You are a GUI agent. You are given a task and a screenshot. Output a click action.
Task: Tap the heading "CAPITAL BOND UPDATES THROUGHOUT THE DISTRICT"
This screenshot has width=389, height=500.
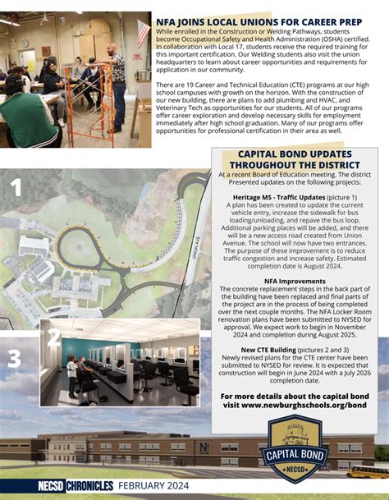click(294, 159)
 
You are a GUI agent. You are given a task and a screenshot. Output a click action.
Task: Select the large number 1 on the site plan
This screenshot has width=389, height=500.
click(16, 189)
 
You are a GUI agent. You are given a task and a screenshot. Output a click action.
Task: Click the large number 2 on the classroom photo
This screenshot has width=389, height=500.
click(54, 337)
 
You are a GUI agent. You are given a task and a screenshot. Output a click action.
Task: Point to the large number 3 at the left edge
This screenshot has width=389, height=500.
click(14, 359)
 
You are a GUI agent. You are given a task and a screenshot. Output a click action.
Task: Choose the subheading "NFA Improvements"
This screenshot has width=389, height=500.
click(295, 280)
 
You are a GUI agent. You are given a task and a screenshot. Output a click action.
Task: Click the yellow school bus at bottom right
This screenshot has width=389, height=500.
click(368, 471)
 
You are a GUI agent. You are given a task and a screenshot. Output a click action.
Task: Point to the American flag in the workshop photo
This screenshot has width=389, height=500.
click(144, 34)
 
